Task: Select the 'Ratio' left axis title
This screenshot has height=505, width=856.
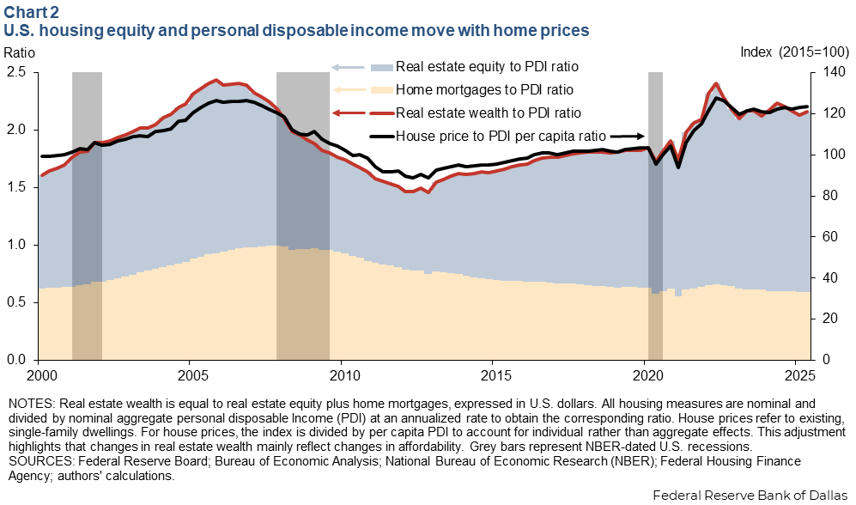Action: tap(20, 52)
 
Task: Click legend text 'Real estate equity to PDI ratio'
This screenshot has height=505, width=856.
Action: tap(487, 67)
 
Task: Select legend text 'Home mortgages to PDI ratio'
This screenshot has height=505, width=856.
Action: tap(483, 89)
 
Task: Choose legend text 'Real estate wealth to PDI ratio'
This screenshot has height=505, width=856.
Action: tap(488, 113)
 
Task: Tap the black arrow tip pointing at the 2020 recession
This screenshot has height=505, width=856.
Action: tap(644, 135)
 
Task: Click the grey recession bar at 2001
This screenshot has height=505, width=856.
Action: tap(87, 215)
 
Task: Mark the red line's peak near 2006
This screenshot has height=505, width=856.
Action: tap(216, 80)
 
